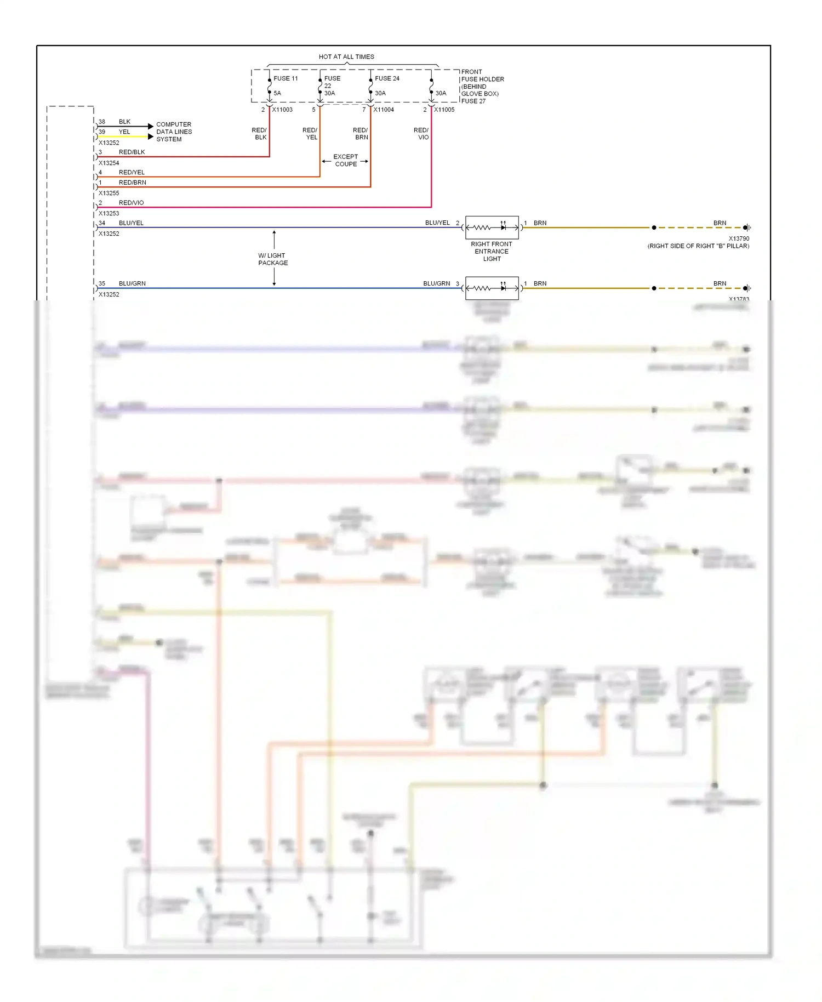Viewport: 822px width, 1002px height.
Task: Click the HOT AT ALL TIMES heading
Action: click(x=346, y=57)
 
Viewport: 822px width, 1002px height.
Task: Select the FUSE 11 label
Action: click(x=286, y=78)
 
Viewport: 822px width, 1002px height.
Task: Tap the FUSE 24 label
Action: click(x=387, y=78)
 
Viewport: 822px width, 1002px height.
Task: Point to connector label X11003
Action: click(x=282, y=110)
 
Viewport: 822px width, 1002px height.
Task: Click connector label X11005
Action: click(x=444, y=110)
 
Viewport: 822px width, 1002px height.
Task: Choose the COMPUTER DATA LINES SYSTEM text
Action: click(x=174, y=132)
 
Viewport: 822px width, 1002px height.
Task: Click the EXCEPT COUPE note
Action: click(x=346, y=161)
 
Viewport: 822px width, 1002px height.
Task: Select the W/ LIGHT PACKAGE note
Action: click(x=273, y=259)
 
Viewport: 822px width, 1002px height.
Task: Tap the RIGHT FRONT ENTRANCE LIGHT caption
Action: click(x=492, y=252)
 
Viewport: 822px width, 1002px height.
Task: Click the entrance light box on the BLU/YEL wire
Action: click(x=492, y=227)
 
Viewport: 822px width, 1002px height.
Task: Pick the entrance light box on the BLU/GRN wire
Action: click(x=492, y=288)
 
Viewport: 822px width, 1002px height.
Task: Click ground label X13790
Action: click(x=739, y=238)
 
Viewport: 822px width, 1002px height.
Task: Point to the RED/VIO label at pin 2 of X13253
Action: click(x=131, y=203)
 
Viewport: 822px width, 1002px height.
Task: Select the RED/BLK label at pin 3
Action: click(x=132, y=152)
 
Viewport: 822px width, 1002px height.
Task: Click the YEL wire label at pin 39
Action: click(x=124, y=132)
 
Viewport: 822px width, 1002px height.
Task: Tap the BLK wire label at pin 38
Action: click(x=124, y=122)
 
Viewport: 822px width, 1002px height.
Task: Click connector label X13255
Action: click(x=109, y=193)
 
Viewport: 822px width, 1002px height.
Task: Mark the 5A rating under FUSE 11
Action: click(x=277, y=93)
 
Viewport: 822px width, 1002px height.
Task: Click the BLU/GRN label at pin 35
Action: click(x=132, y=283)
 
